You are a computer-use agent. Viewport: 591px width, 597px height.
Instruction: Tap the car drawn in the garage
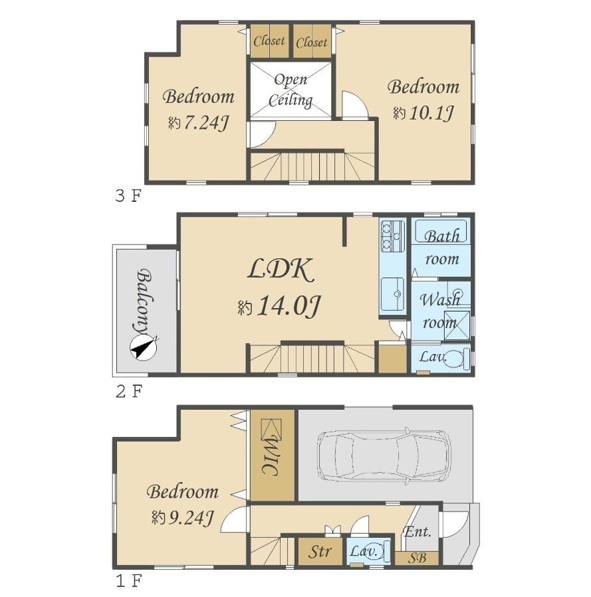[x=384, y=456]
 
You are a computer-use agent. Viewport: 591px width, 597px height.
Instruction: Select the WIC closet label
[x=272, y=456]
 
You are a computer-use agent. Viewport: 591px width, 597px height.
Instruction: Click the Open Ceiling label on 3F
[x=291, y=90]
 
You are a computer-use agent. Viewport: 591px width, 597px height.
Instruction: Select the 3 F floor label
[x=128, y=196]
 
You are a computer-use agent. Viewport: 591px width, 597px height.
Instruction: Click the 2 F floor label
[x=129, y=391]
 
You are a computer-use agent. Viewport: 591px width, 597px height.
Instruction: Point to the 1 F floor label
[x=129, y=581]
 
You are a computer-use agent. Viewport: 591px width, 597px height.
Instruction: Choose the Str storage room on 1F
[x=320, y=551]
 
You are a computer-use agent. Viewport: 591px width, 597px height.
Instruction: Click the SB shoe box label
[x=416, y=558]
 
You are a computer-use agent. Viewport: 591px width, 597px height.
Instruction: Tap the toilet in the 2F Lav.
[x=456, y=358]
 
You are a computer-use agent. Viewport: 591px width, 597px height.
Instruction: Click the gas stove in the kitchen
[x=392, y=236]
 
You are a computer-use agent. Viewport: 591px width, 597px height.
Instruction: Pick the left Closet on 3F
[x=269, y=41]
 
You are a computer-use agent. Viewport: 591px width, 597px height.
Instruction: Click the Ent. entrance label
[x=417, y=531]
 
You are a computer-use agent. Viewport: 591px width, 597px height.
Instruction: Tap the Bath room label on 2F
[x=442, y=248]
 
